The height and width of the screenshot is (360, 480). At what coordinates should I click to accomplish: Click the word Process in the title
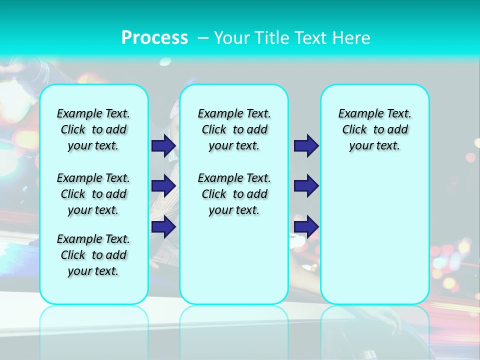[x=154, y=38]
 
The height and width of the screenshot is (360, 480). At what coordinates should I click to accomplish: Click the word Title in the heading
[x=272, y=38]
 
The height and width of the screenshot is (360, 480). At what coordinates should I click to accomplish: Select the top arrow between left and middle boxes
[x=163, y=145]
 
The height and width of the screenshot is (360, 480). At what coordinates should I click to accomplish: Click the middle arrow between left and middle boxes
[x=163, y=186]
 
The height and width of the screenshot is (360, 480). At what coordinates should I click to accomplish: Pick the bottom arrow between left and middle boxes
[x=163, y=227]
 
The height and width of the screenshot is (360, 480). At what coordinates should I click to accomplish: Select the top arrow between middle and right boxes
[x=306, y=145]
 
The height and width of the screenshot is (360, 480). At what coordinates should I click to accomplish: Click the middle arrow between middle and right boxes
[x=306, y=186]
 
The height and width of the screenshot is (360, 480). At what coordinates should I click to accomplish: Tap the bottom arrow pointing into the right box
[x=306, y=227]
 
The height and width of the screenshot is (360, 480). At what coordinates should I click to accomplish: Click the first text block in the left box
[x=93, y=129]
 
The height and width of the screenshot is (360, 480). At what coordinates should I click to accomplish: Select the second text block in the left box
[x=93, y=194]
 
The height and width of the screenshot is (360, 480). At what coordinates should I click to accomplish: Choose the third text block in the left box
[x=93, y=255]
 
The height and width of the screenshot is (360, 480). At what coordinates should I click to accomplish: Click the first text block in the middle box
[x=234, y=129]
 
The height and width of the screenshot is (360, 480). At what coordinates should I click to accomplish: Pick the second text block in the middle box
[x=234, y=194]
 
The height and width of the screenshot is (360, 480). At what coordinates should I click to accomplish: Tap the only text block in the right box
[x=374, y=129]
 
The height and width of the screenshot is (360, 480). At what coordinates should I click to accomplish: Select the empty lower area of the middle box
[x=234, y=260]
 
